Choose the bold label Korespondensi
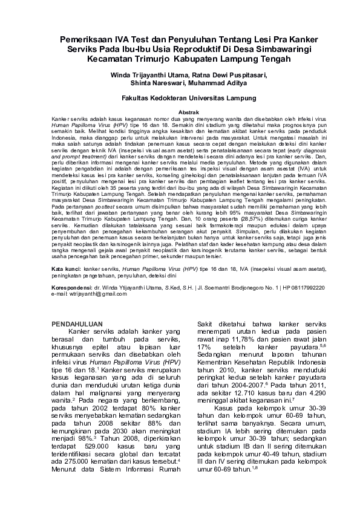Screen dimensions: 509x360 74,288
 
